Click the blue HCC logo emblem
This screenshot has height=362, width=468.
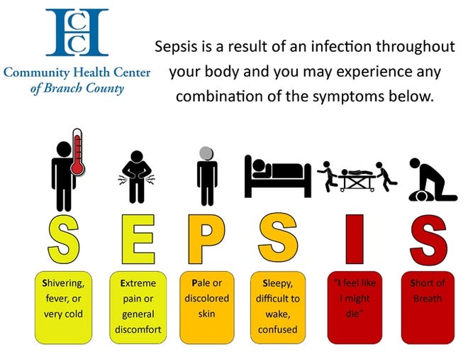click(77, 32)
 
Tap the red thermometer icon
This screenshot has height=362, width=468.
click(77, 152)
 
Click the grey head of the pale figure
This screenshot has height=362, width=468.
click(206, 153)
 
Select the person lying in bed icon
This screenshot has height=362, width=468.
click(277, 176)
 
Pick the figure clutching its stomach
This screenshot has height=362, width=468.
click(137, 177)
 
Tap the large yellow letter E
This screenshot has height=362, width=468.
click(138, 239)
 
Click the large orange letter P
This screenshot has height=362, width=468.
click(206, 239)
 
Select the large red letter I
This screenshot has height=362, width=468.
click(355, 239)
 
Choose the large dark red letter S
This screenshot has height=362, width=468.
click(428, 240)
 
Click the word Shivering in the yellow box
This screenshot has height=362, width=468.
click(63, 283)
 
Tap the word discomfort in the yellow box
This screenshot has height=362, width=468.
click(138, 329)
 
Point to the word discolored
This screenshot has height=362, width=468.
click(207, 298)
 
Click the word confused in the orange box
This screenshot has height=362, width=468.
click(277, 329)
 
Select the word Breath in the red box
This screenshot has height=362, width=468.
click(428, 298)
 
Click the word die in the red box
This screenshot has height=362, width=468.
click(354, 314)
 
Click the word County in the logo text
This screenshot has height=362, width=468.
click(105, 89)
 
